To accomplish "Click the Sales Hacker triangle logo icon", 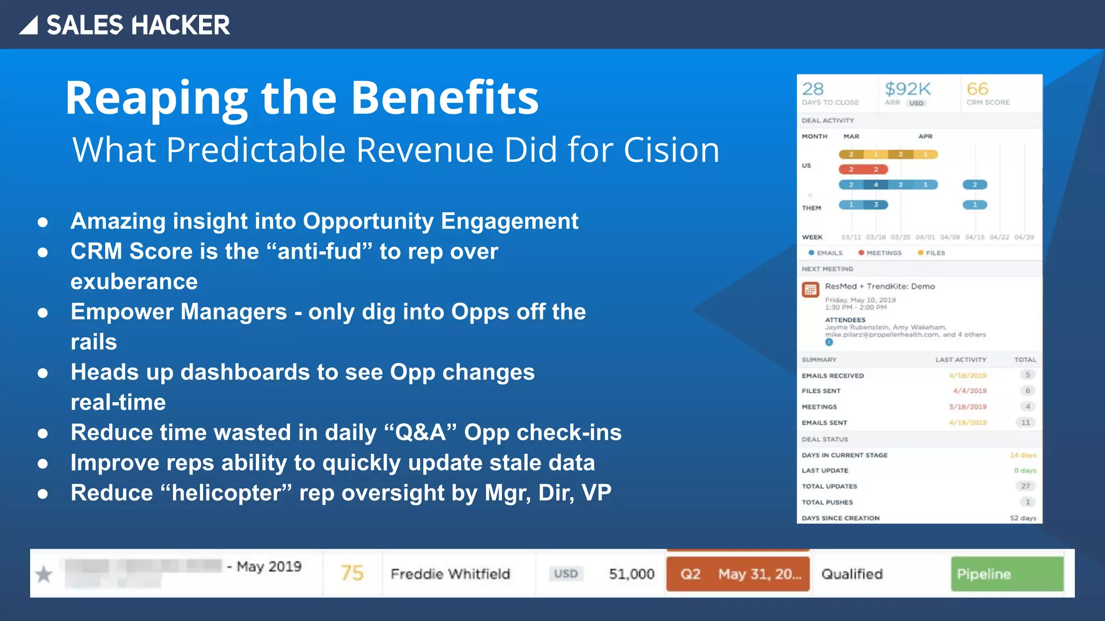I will pyautogui.click(x=29, y=25).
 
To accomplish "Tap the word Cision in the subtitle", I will pyautogui.click(x=671, y=150).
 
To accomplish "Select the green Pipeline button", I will pyautogui.click(x=1006, y=574).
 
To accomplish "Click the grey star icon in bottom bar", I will pyautogui.click(x=44, y=575).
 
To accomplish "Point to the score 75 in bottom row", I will pyautogui.click(x=352, y=573).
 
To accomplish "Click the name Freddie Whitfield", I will pyautogui.click(x=450, y=574).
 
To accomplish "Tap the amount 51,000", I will pyautogui.click(x=631, y=574).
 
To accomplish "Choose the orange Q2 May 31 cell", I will pyautogui.click(x=738, y=574).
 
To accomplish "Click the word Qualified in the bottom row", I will pyautogui.click(x=852, y=574).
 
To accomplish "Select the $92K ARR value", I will pyautogui.click(x=908, y=89).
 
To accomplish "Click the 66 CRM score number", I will pyautogui.click(x=977, y=89).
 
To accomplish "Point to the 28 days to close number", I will pyautogui.click(x=813, y=89).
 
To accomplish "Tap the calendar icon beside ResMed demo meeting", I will pyautogui.click(x=810, y=290).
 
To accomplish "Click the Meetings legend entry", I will pyautogui.click(x=881, y=253).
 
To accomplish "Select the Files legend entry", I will pyautogui.click(x=932, y=253).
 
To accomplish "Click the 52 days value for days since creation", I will pyautogui.click(x=1022, y=518).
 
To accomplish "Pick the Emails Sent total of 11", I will pyautogui.click(x=1025, y=423).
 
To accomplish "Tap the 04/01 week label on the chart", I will pyautogui.click(x=925, y=237).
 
